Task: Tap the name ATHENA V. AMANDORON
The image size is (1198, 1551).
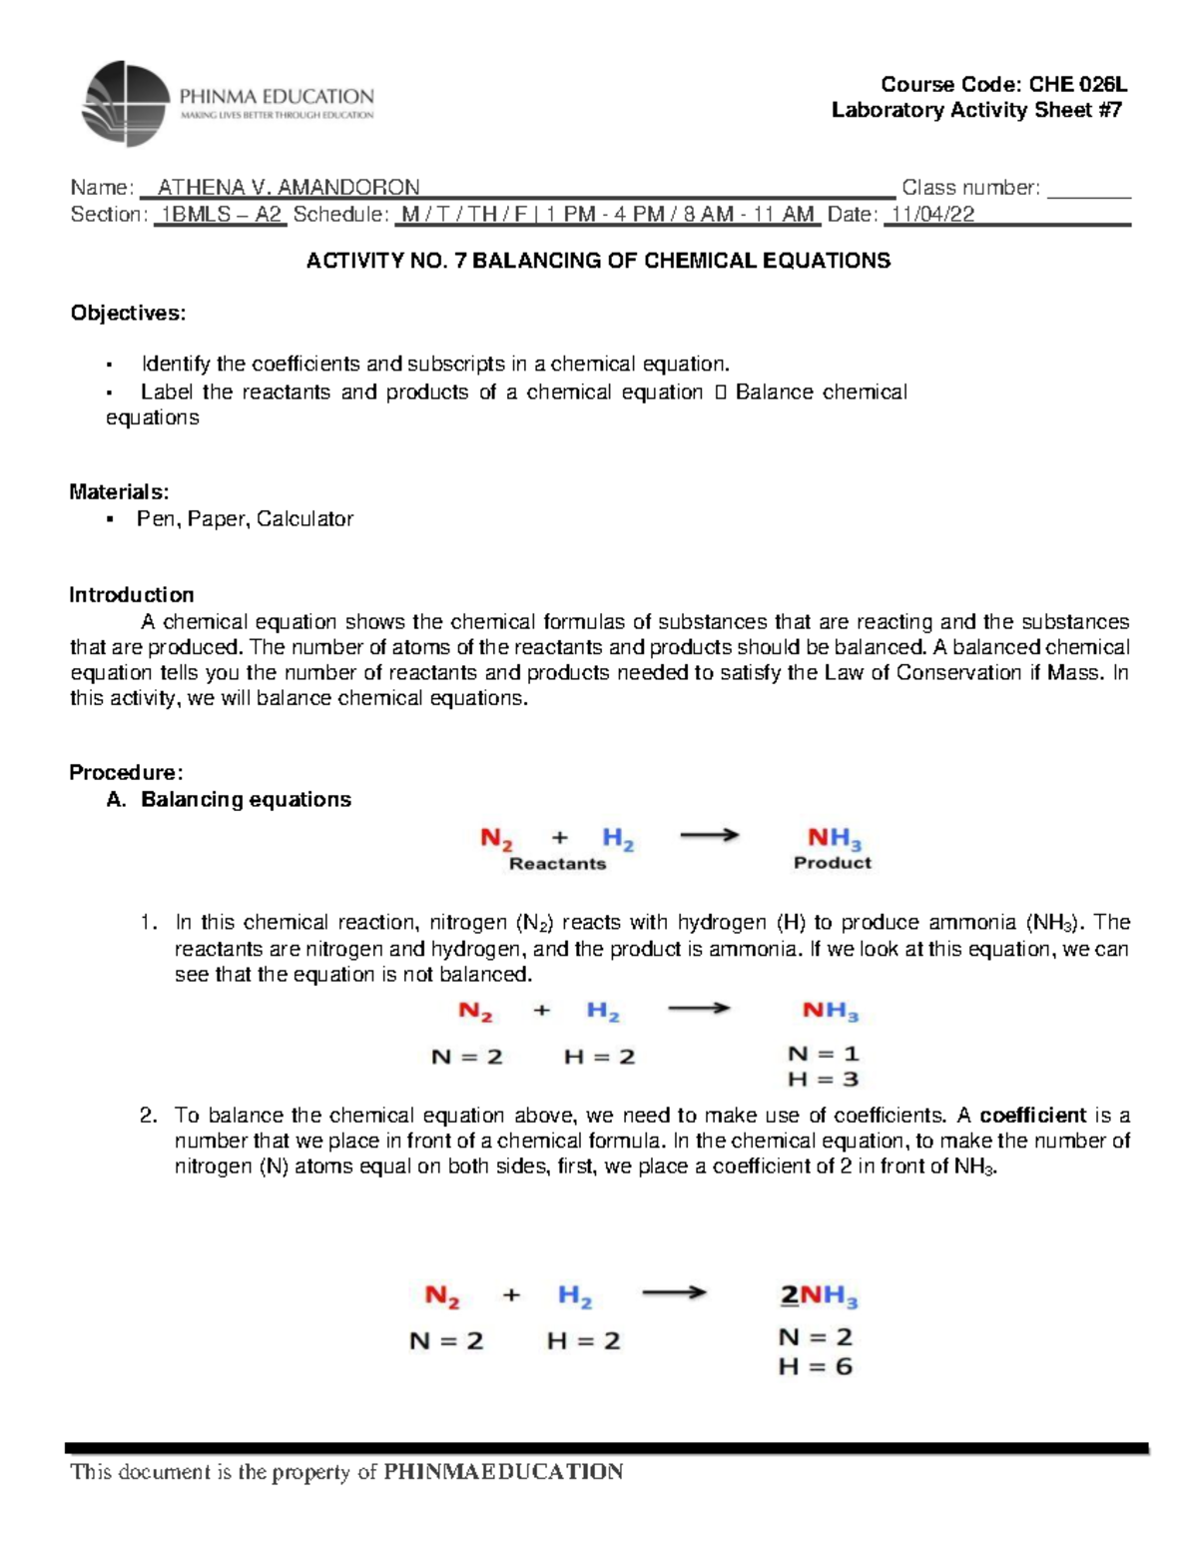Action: point(289,188)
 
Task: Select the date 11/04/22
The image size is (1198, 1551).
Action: point(932,215)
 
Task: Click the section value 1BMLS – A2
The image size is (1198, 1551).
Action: point(221,215)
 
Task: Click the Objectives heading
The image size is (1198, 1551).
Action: point(128,314)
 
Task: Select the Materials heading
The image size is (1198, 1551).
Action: point(119,491)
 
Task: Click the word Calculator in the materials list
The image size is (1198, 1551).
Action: point(304,519)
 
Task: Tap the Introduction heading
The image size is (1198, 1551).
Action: point(131,595)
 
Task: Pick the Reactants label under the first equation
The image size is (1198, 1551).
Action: point(557,864)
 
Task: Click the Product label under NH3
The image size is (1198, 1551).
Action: point(832,863)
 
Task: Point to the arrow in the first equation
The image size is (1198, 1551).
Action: point(709,836)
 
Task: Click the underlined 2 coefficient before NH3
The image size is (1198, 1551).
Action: point(789,1296)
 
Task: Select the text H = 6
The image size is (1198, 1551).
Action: point(815,1367)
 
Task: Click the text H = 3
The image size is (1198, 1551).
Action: point(823,1080)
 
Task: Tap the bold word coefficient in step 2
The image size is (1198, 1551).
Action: point(1032,1116)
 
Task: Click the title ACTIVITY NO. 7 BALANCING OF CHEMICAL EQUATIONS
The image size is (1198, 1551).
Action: point(598,262)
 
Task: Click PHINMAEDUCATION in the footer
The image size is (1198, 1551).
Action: point(503,1472)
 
